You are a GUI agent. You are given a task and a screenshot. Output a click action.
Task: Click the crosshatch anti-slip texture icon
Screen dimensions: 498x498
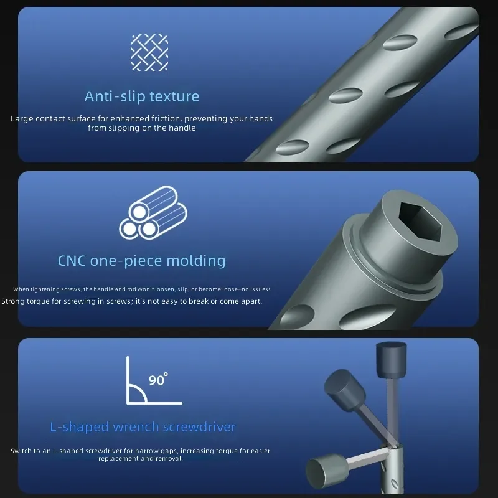[x=149, y=52]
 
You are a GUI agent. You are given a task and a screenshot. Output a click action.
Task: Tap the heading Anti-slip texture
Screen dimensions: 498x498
[x=142, y=96]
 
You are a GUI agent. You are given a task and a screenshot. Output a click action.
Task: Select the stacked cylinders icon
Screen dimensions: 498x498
[x=153, y=212]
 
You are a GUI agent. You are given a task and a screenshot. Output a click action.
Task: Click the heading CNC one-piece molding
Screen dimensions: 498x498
[x=142, y=261]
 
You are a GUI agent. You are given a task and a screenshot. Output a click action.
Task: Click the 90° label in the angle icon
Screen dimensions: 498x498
[x=158, y=379]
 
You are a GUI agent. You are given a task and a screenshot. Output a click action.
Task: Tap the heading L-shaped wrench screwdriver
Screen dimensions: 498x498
[x=143, y=427]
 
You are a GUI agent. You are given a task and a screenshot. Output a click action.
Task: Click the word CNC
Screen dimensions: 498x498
[x=72, y=261]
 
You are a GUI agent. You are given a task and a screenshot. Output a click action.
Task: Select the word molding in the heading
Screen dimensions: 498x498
[x=196, y=261]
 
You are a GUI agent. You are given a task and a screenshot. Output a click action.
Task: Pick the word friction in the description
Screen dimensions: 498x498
[x=166, y=118]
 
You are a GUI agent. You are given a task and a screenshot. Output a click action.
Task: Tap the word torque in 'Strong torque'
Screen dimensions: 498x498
[x=38, y=301]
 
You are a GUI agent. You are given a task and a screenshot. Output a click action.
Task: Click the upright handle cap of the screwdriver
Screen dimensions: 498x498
[x=391, y=360]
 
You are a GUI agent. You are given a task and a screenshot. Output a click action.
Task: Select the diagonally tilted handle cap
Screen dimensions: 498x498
[x=344, y=390]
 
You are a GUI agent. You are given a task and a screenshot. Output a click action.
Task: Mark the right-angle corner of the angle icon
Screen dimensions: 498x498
[x=128, y=403]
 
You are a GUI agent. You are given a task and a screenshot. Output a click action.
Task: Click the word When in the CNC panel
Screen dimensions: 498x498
[x=21, y=289]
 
